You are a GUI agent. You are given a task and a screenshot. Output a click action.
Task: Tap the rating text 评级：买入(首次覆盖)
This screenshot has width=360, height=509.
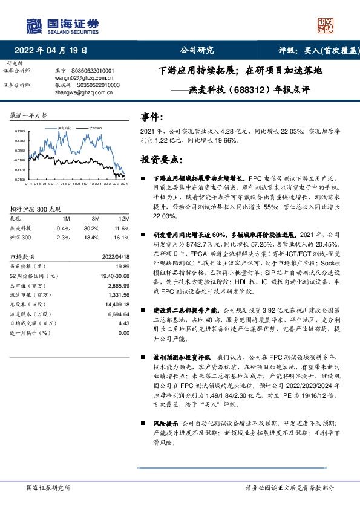pos(315,51)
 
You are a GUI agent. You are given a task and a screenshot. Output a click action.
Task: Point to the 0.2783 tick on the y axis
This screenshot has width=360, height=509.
pos(19,131)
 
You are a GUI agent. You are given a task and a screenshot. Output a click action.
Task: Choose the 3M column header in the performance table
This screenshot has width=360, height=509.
pos(96,219)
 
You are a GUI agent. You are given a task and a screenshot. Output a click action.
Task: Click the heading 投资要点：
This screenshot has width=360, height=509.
pos(161,160)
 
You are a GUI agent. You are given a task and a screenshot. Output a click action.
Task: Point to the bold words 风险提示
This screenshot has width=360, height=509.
pos(165,424)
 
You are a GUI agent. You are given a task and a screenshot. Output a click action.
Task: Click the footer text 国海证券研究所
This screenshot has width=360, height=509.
pos(49,488)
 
